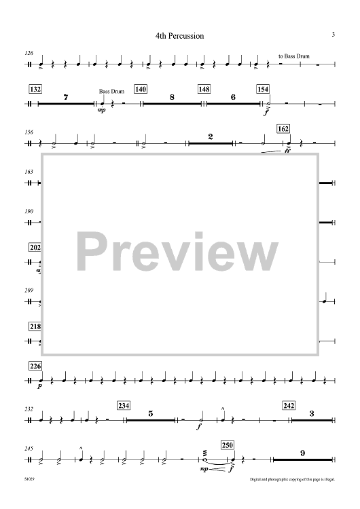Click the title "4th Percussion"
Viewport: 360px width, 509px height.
click(x=179, y=36)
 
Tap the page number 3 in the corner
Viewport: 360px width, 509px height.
click(x=333, y=34)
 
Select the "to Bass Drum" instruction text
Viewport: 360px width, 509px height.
click(x=293, y=56)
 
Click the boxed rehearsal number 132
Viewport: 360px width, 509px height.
click(x=35, y=89)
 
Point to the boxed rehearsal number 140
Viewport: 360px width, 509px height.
click(x=141, y=89)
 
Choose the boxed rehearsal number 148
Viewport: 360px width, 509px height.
click(x=204, y=89)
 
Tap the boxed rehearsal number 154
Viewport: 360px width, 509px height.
click(x=263, y=89)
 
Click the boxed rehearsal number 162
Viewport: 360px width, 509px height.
click(x=283, y=129)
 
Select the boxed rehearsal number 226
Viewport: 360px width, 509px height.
click(x=35, y=366)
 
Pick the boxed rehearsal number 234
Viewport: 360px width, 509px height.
click(x=124, y=406)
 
